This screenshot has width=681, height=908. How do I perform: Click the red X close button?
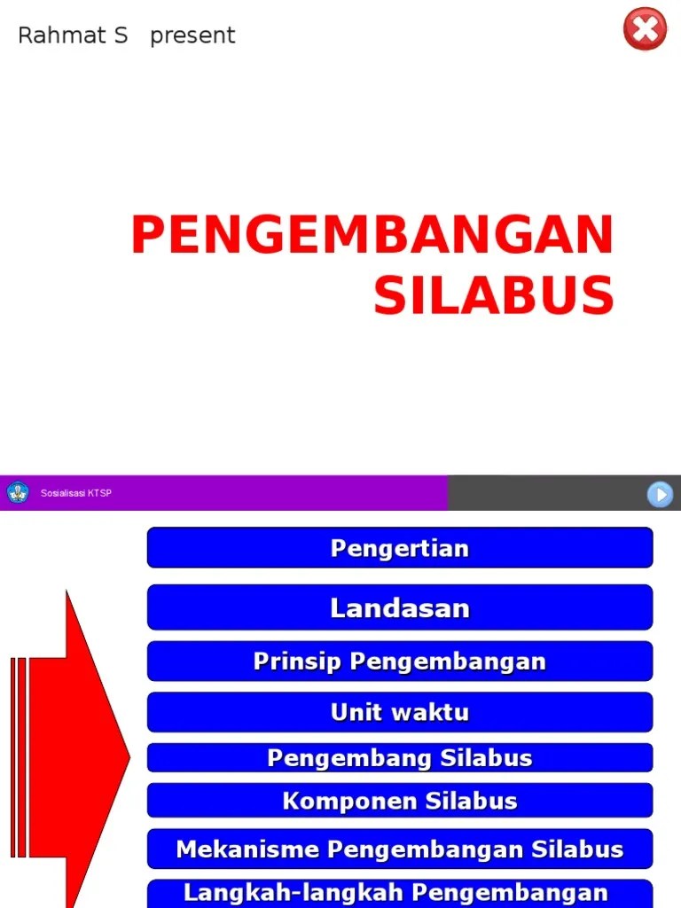click(x=645, y=29)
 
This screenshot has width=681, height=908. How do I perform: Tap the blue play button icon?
click(x=660, y=494)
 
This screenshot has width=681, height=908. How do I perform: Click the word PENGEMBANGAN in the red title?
click(x=372, y=236)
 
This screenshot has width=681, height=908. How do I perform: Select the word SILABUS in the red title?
click(x=493, y=296)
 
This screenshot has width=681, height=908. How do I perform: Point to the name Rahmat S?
click(x=73, y=35)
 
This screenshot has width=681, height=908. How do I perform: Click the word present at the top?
click(x=192, y=35)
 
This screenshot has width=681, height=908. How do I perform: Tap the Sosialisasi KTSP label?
click(x=76, y=494)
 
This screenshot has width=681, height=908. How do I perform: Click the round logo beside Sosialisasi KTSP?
click(x=18, y=493)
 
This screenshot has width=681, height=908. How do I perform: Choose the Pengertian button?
click(x=399, y=548)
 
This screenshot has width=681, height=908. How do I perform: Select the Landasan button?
click(x=399, y=607)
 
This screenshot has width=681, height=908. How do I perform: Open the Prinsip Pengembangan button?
click(x=399, y=661)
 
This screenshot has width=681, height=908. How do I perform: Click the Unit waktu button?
click(x=399, y=712)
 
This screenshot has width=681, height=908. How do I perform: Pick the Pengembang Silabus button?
click(x=399, y=758)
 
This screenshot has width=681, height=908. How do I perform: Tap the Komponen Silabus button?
click(x=399, y=801)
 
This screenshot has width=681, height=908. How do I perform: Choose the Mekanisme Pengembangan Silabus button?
click(x=399, y=849)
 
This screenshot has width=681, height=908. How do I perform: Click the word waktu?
click(x=434, y=712)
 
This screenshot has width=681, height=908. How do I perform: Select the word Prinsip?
click(x=297, y=661)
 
